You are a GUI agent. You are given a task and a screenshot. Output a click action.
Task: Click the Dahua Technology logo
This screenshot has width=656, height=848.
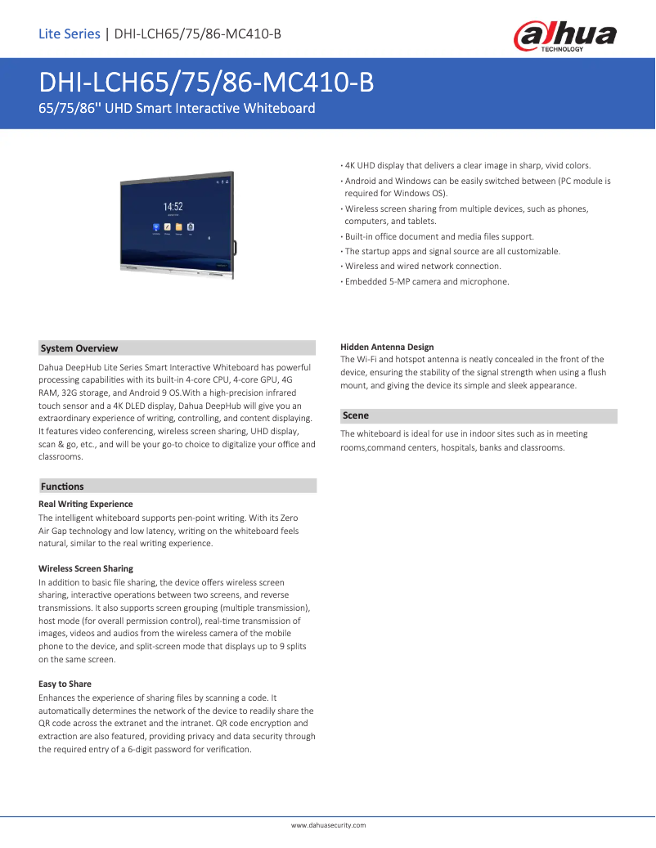click(564, 37)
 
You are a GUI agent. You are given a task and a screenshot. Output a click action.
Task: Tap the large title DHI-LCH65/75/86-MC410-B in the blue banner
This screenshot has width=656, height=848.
click(206, 83)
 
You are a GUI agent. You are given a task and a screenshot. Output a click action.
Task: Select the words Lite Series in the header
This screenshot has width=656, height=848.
click(69, 34)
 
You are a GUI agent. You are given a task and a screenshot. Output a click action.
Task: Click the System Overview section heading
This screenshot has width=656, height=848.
click(79, 348)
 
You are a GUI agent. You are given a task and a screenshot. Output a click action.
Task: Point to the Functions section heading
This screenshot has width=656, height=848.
click(62, 487)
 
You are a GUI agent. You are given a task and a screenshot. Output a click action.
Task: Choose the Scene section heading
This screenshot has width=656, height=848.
click(356, 415)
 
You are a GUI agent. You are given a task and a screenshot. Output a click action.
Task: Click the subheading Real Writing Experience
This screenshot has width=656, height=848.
click(86, 504)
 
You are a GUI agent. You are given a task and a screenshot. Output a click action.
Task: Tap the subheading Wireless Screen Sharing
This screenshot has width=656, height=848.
click(86, 568)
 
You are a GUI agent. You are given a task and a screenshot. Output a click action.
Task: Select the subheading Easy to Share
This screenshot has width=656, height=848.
click(65, 684)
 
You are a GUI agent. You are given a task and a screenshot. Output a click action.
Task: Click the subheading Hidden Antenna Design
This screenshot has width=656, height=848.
click(387, 348)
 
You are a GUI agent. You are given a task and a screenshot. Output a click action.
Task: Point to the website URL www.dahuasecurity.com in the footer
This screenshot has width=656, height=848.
click(329, 825)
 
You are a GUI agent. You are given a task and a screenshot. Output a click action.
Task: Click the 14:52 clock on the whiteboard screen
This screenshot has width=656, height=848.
click(173, 207)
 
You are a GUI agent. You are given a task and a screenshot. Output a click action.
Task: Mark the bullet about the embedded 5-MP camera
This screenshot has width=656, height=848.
click(426, 281)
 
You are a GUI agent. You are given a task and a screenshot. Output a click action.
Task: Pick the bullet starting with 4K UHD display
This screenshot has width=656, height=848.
click(467, 165)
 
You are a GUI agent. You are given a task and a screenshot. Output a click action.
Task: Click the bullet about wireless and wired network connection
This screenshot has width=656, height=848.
click(423, 267)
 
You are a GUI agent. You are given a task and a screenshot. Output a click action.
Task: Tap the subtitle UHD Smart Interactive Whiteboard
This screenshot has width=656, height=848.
click(177, 108)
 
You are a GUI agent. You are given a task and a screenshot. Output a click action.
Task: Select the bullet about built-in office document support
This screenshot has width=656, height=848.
click(439, 236)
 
